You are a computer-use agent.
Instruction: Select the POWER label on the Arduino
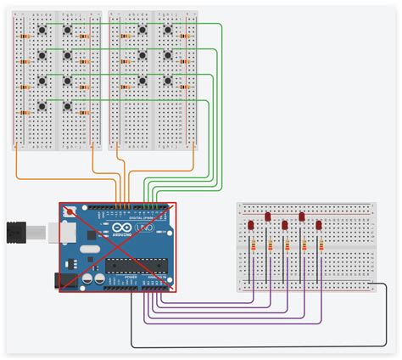(x=131, y=277)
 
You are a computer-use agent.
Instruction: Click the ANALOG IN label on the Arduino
(x=156, y=277)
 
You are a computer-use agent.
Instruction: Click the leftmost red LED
(x=252, y=224)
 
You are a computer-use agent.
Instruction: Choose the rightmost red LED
(x=318, y=224)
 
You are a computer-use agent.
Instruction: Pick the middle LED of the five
(x=285, y=224)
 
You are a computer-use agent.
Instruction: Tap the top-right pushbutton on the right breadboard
(x=167, y=31)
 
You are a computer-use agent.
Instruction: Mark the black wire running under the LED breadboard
(x=254, y=347)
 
